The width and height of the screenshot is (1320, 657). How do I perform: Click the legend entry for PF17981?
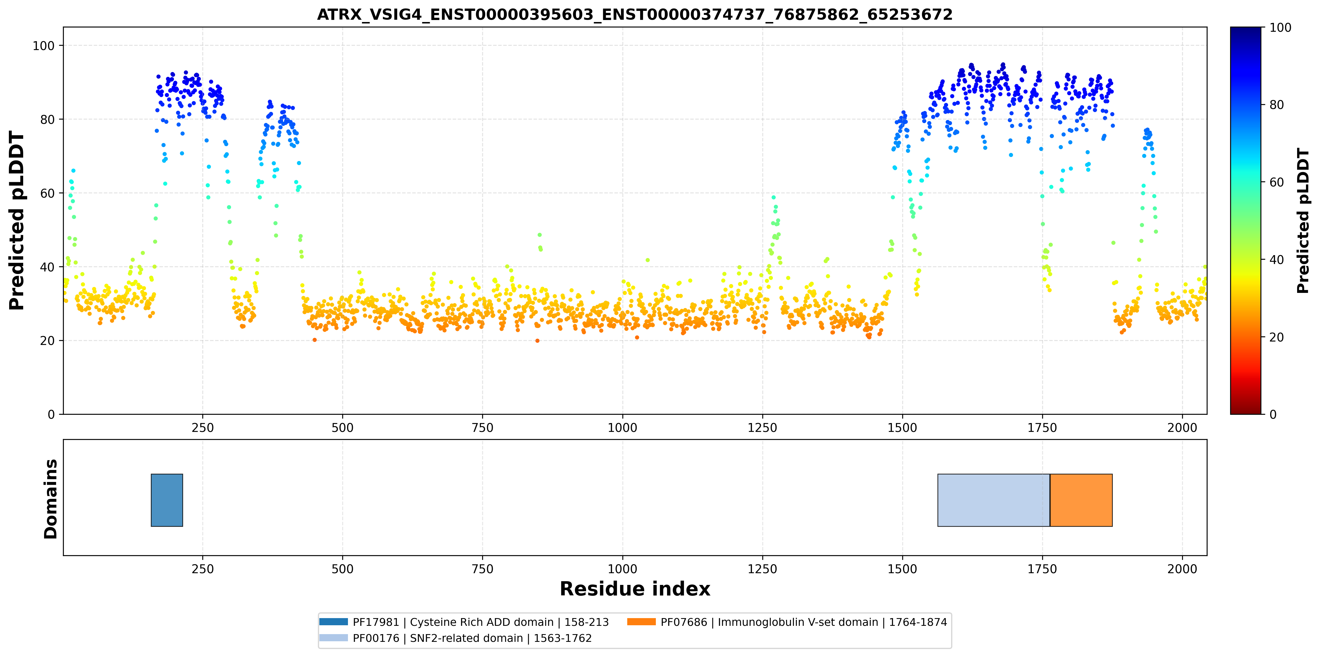464,622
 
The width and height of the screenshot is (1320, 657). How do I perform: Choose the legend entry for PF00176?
456,638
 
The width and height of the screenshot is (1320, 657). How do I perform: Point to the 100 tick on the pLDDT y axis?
43,45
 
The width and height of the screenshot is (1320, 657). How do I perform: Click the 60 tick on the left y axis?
47,193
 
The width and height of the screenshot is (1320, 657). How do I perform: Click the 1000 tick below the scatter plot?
623,428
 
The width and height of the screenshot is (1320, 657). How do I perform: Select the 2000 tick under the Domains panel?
1182,569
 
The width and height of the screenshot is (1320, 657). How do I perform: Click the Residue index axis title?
635,589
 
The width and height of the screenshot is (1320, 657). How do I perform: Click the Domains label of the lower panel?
51,499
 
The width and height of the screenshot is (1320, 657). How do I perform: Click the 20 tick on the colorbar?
1276,337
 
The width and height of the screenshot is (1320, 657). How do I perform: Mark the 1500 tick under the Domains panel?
903,569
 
